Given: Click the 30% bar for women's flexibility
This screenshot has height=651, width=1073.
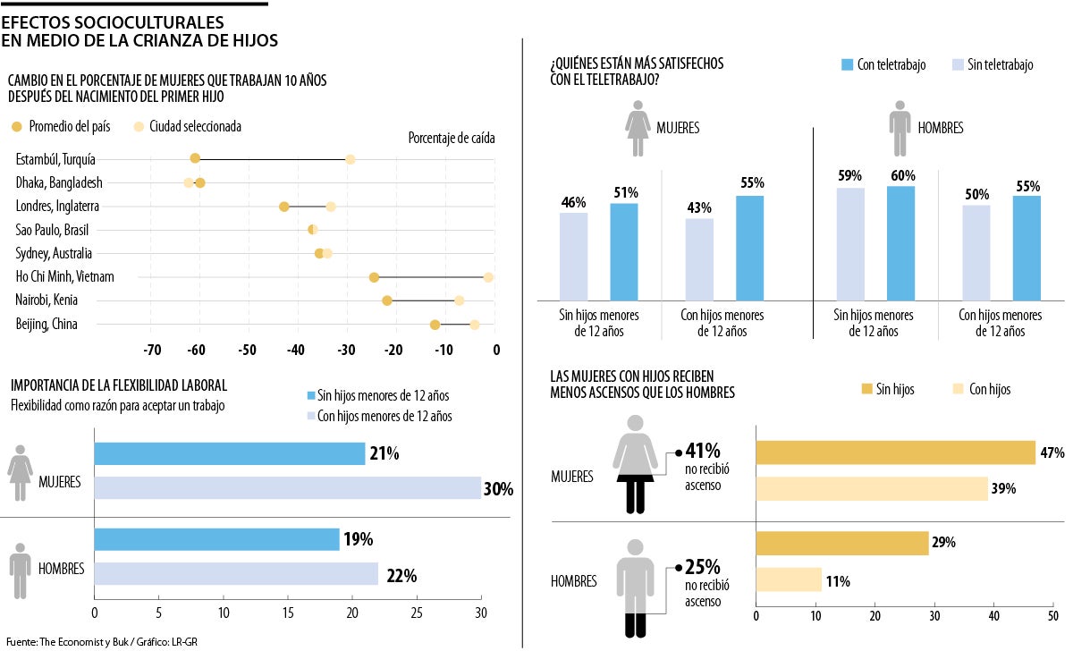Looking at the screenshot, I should [287, 487].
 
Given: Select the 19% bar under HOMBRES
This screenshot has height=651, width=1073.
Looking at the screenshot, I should [216, 539].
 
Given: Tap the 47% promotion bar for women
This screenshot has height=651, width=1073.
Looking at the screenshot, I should [895, 452].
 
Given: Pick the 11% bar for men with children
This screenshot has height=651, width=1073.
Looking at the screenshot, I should [789, 579].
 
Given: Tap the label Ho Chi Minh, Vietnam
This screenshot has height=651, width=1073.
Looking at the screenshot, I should [78, 277].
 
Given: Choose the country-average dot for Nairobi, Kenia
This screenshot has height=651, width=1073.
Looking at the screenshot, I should [387, 300].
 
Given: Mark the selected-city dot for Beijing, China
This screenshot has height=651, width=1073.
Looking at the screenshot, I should [475, 325].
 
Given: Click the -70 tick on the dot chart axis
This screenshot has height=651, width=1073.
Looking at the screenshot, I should [152, 351].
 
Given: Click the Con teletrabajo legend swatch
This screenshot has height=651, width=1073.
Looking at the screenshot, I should [849, 65].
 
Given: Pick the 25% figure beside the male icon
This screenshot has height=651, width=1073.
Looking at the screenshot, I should [702, 567].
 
